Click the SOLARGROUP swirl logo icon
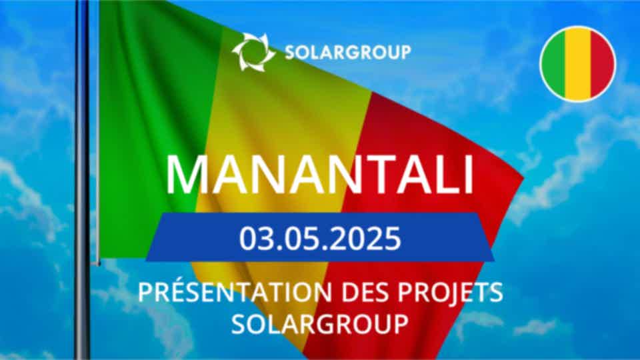pyautogui.click(x=253, y=52)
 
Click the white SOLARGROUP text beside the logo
pyautogui.click(x=348, y=52)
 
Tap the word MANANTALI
pyautogui.click(x=319, y=175)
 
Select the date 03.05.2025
pyautogui.click(x=320, y=239)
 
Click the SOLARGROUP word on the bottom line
pyautogui.click(x=320, y=324)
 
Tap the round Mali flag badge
pyautogui.click(x=577, y=64)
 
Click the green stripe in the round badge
pyautogui.click(x=553, y=64)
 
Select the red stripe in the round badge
pyautogui.click(x=603, y=64)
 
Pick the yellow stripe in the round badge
pyautogui.click(x=578, y=64)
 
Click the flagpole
pyautogui.click(x=83, y=180)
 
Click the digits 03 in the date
pyautogui.click(x=254, y=239)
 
